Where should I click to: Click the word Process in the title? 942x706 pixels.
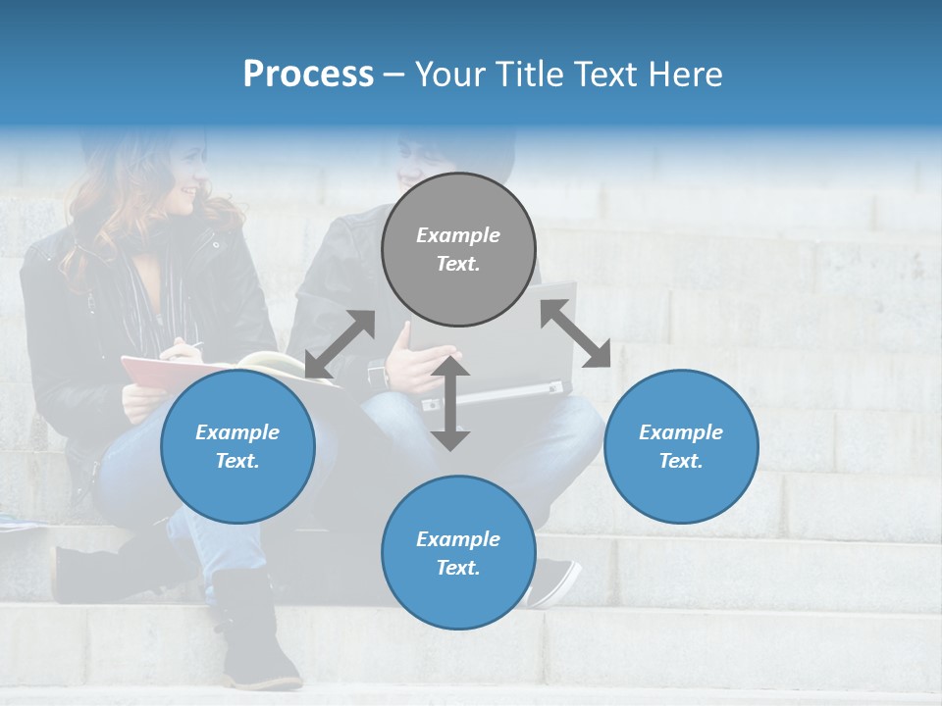pyautogui.click(x=308, y=75)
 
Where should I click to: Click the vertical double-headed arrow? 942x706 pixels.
pyautogui.click(x=450, y=402)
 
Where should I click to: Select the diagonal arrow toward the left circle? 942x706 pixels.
pyautogui.click(x=340, y=344)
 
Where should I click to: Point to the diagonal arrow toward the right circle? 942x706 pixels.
pyautogui.click(x=575, y=333)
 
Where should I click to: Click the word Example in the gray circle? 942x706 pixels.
pyautogui.click(x=458, y=235)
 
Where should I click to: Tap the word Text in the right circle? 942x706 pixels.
pyautogui.click(x=681, y=461)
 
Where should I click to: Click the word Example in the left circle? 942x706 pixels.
pyautogui.click(x=237, y=432)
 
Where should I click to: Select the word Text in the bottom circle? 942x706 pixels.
pyautogui.click(x=458, y=568)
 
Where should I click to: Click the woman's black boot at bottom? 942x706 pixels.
pyautogui.click(x=257, y=632)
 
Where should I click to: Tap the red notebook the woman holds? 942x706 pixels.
pyautogui.click(x=157, y=373)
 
